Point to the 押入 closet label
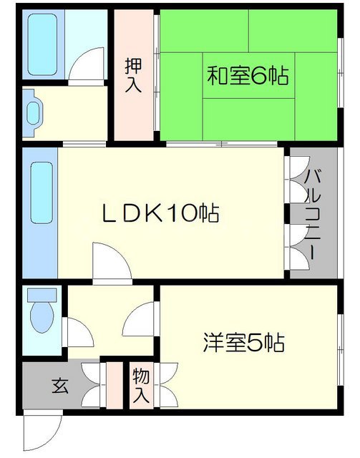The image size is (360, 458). click(133, 75)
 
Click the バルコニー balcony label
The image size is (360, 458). click(313, 213)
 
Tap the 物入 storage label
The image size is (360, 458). click(140, 386)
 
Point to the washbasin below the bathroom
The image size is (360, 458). click(33, 112)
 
